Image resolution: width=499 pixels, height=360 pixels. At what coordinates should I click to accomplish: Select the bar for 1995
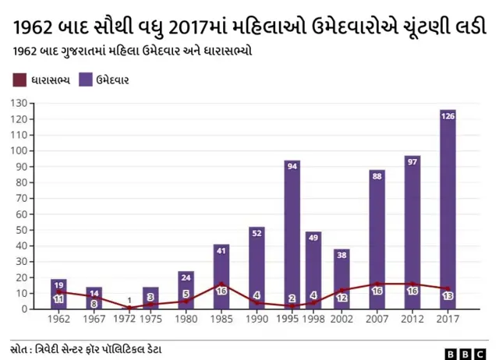tap(292, 234)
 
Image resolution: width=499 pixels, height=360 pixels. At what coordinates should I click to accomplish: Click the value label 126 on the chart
tap(448, 116)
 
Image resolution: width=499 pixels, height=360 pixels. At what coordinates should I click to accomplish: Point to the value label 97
tap(412, 161)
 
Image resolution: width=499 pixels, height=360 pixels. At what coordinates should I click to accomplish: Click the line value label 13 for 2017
tap(448, 297)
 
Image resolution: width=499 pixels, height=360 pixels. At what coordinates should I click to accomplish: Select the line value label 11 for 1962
tap(58, 299)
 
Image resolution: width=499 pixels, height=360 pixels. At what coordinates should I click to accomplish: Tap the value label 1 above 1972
tap(129, 301)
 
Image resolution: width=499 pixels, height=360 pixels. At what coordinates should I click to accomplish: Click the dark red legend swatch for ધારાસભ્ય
tap(19, 79)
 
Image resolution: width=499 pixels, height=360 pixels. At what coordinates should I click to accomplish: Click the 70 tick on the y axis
tap(22, 198)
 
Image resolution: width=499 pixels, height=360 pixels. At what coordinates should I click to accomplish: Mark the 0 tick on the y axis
tap(25, 309)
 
